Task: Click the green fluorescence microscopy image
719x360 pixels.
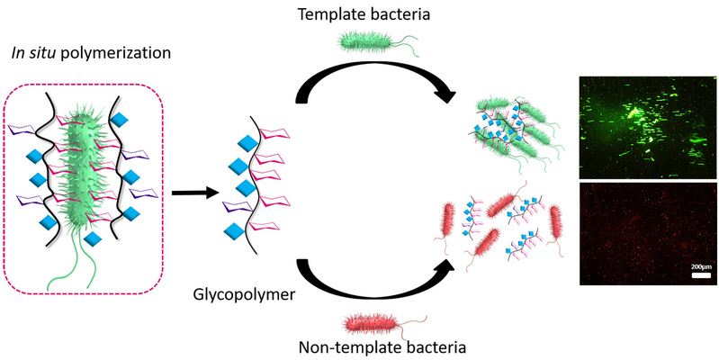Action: click(x=645, y=126)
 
